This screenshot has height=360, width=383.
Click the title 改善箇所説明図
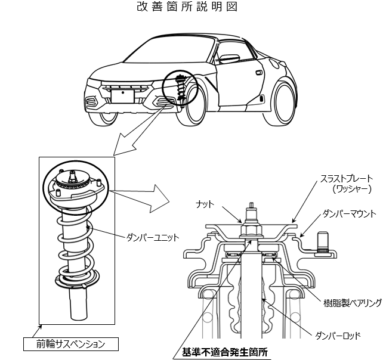(190, 9)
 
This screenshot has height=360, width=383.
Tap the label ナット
(206, 204)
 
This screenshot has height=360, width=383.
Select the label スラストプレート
(346, 178)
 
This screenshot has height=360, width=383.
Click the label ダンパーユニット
(152, 237)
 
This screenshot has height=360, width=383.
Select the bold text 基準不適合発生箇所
(226, 352)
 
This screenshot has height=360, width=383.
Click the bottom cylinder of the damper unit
(80, 306)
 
